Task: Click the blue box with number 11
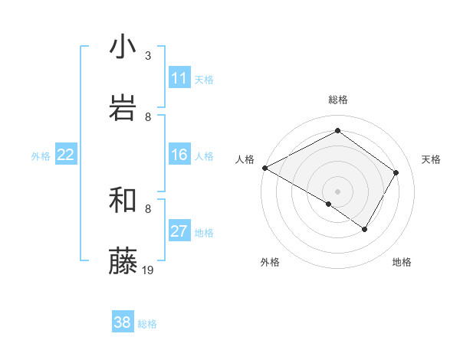(179, 78)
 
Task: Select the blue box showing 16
(179, 155)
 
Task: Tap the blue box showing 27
(179, 232)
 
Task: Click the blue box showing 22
(66, 155)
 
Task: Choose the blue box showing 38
(123, 323)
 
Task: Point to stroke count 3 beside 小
(148, 55)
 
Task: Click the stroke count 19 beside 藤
(149, 270)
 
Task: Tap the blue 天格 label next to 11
(204, 79)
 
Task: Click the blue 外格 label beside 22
(41, 155)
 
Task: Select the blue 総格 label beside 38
(147, 324)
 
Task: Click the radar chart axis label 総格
(338, 100)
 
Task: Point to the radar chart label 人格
(245, 159)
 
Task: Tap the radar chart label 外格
(270, 262)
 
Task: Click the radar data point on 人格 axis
(264, 168)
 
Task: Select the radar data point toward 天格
(396, 172)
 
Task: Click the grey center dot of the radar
(338, 191)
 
